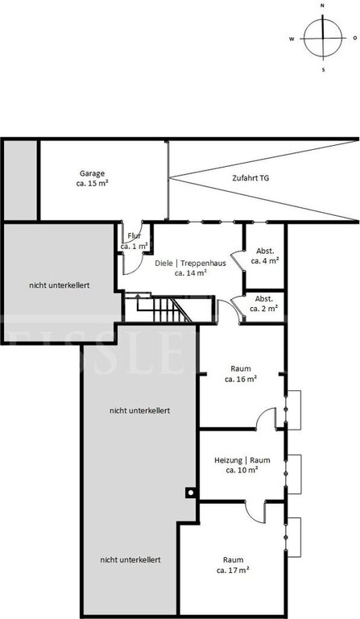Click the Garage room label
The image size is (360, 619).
coord(93,178)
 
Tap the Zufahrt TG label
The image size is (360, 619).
coord(250,178)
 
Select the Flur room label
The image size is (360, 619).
coord(134,241)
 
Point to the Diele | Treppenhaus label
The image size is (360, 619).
coord(190,268)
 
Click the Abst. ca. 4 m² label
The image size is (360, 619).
coord(265,255)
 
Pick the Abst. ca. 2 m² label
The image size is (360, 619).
coord(264,304)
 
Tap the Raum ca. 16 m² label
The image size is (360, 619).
coord(241,374)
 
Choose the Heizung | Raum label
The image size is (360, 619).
coord(242,464)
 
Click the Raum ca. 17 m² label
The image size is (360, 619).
coord(233,565)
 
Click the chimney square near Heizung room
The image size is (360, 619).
coord(191,492)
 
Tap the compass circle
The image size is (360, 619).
coord(323,39)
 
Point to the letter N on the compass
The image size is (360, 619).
coord(322,6)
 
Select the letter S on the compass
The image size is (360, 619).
coord(323,70)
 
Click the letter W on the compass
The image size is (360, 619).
coord(292,39)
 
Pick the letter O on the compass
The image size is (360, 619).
coord(354,39)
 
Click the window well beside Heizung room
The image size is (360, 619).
coord(294,474)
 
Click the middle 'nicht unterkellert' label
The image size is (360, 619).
coord(139,410)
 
